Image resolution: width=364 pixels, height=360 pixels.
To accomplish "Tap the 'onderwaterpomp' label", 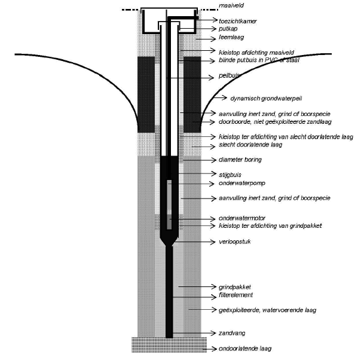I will (238, 183).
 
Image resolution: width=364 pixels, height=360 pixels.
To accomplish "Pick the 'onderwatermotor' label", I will (239, 218).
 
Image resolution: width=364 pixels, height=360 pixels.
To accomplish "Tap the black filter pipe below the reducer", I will (169, 287).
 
